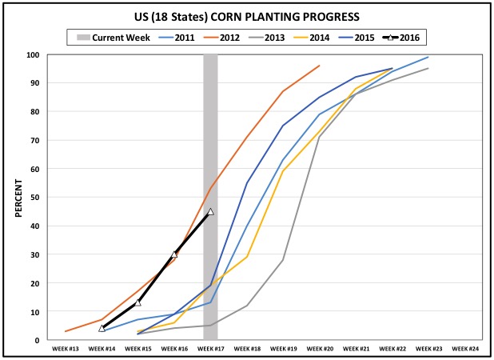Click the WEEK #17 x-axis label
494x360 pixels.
tap(210, 349)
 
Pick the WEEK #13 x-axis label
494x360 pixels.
tap(66, 349)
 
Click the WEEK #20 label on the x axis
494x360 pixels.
tap(319, 349)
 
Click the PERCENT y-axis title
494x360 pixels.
tap(18, 197)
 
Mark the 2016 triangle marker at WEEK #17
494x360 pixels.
tap(210, 211)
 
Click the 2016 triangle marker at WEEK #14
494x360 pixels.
tap(102, 328)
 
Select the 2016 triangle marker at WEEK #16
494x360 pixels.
tap(174, 254)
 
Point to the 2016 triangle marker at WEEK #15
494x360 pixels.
tap(138, 302)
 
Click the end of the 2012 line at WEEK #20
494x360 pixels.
tap(319, 66)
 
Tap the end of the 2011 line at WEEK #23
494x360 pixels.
tap(428, 57)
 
